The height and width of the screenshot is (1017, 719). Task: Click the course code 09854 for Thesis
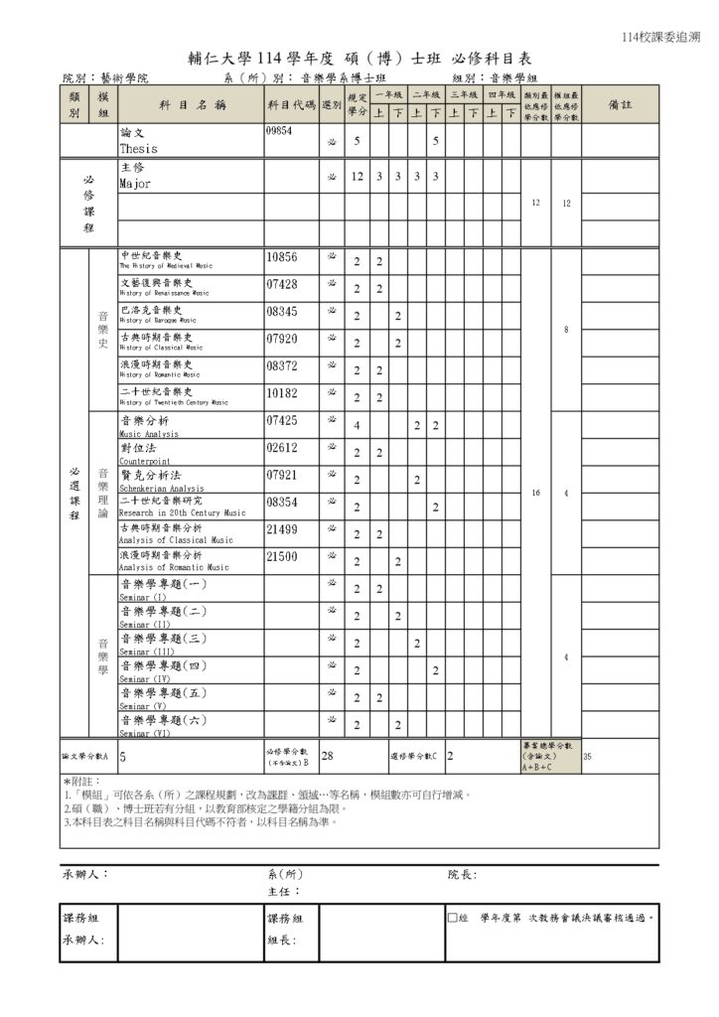coord(279,131)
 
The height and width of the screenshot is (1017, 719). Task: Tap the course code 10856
coord(282,257)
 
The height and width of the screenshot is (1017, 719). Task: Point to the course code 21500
coord(282,557)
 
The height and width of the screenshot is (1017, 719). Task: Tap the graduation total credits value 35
coord(587,757)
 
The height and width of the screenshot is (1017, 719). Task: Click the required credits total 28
coord(327,757)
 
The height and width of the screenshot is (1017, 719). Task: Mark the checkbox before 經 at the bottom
coord(452,919)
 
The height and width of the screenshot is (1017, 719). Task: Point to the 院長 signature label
coord(462,875)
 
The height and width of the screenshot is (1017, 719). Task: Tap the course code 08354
coord(282,504)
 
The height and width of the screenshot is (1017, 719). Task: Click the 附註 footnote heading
coord(80,783)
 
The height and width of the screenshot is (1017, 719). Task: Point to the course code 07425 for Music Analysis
coord(282,421)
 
